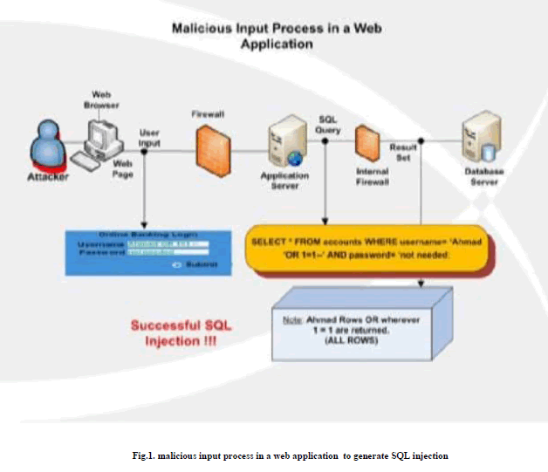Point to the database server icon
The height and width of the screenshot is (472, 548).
[478, 140]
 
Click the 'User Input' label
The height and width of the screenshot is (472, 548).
[150, 137]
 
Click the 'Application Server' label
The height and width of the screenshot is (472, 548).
[286, 179]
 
